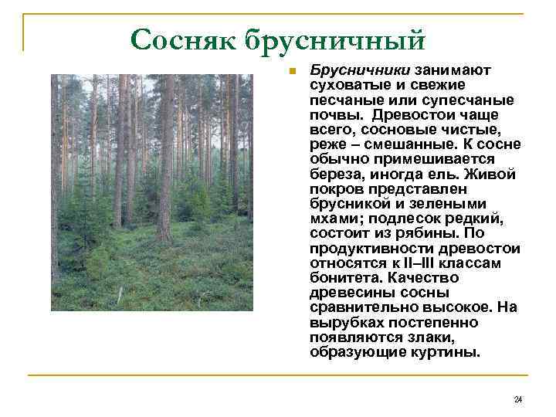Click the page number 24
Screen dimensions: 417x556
tap(517, 399)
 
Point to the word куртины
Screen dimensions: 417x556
tap(446, 352)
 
